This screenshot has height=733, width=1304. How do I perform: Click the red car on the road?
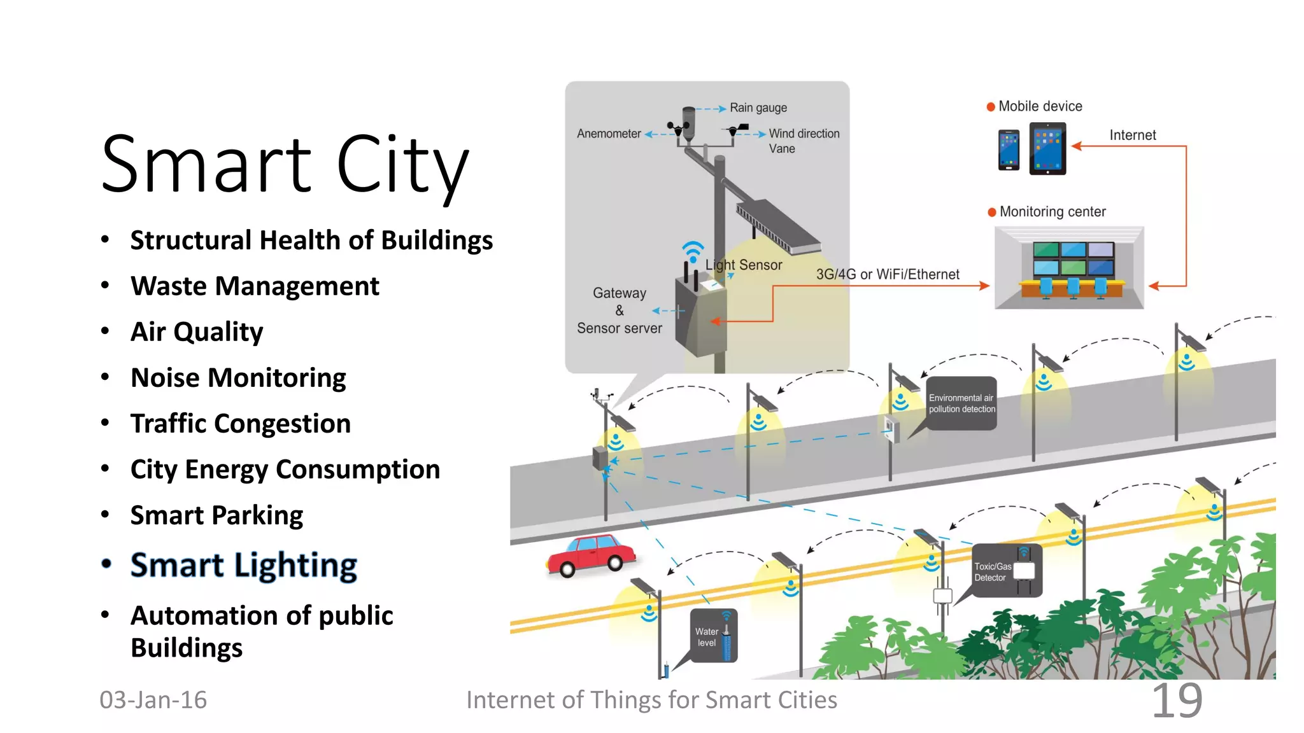[591, 555]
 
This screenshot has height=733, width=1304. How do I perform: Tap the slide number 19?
[1177, 701]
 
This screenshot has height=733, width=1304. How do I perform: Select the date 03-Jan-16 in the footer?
[153, 700]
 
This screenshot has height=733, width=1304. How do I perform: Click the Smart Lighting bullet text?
[244, 565]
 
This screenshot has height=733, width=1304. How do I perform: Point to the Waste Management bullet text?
[255, 286]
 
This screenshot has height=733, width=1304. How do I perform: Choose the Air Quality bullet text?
[197, 332]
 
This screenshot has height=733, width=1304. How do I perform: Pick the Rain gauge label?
[758, 108]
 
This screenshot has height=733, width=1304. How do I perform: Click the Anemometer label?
[609, 134]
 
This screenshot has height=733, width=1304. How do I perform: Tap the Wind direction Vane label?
[804, 141]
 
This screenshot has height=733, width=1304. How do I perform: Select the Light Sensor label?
[744, 265]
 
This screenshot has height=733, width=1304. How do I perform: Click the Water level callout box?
[714, 636]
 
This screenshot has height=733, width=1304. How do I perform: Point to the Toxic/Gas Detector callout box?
[1006, 571]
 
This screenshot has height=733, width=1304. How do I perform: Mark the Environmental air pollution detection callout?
[961, 403]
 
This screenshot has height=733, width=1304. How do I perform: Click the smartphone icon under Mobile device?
[1009, 150]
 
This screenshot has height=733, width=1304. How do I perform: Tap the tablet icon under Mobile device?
[1047, 148]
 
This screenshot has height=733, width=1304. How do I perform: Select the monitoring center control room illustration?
[1069, 268]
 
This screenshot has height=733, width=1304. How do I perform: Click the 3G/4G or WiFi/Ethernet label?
[888, 274]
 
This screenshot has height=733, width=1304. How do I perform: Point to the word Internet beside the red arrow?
[1132, 135]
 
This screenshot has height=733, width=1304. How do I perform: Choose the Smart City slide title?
[285, 164]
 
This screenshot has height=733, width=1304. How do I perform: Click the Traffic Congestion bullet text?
[241, 424]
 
